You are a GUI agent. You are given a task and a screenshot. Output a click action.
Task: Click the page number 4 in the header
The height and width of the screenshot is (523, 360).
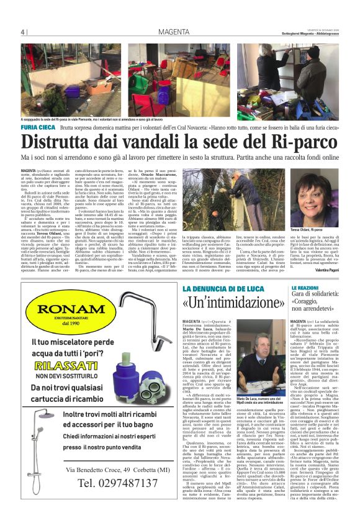click(23, 32)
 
